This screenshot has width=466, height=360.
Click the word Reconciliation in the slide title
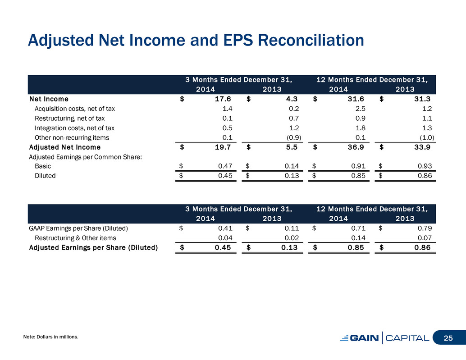[311, 40]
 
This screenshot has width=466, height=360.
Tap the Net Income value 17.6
[223, 99]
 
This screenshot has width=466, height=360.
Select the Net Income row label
[49, 99]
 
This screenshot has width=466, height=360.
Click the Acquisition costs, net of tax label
[75, 109]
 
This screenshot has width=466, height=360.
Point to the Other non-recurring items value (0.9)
[294, 137]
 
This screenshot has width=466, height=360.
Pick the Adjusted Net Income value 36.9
[356, 147]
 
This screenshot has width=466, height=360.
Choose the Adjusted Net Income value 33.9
[422, 147]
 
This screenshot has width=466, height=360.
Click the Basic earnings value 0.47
[225, 166]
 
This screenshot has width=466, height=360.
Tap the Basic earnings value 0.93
[425, 166]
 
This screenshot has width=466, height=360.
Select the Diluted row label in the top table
[45, 176]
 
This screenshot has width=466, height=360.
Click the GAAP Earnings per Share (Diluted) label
[78, 228]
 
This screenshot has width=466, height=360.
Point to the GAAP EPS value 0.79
[425, 228]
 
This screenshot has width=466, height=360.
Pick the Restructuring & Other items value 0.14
[358, 238]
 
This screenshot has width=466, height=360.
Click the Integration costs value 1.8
[361, 128]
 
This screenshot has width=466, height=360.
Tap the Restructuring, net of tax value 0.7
[294, 118]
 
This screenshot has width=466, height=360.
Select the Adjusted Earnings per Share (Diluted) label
[93, 247]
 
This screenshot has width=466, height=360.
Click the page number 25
[448, 338]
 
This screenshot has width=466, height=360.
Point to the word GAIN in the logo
[364, 338]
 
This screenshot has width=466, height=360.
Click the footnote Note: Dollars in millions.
[51, 337]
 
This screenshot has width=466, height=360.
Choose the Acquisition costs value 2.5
[361, 109]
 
